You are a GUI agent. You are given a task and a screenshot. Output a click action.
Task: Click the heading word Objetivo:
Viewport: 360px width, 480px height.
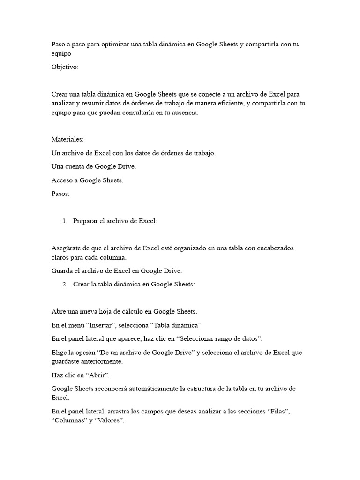click(65, 67)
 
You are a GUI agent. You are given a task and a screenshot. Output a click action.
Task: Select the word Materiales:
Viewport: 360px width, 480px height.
click(67, 139)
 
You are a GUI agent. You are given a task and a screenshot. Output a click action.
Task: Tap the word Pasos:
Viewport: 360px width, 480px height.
click(60, 194)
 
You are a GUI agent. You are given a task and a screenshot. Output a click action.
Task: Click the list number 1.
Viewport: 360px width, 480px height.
click(65, 221)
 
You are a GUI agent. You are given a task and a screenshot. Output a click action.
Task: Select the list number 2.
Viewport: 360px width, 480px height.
click(65, 284)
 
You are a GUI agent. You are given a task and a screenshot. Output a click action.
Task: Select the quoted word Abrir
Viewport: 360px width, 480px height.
click(97, 375)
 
